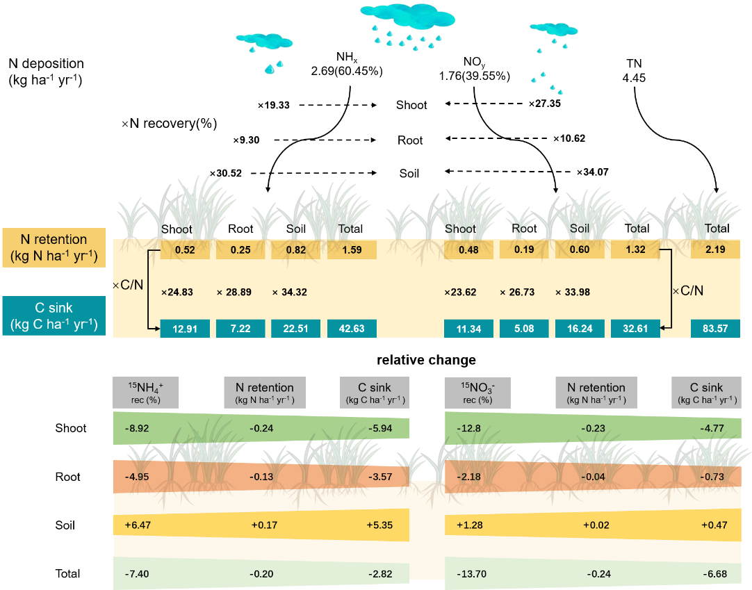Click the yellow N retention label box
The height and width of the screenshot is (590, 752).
(54, 248)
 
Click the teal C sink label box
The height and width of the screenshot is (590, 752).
(54, 316)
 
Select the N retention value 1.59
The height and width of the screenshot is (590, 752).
(352, 249)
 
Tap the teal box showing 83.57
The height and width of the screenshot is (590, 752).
(715, 329)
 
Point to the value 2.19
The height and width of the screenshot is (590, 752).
(715, 249)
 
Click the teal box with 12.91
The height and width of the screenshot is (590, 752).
(185, 329)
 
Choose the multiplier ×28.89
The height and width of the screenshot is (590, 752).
(234, 292)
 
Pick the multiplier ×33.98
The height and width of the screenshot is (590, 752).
(573, 292)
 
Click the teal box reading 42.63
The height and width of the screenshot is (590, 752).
(352, 329)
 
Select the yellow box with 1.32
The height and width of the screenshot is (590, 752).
(635, 249)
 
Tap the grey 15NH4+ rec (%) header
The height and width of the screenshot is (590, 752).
(145, 393)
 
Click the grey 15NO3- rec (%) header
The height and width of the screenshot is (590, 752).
(476, 393)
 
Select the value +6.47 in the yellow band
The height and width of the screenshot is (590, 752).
(137, 525)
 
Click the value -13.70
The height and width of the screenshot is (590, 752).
(472, 575)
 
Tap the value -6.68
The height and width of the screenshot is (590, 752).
(714, 575)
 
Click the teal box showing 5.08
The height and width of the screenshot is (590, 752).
(524, 329)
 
